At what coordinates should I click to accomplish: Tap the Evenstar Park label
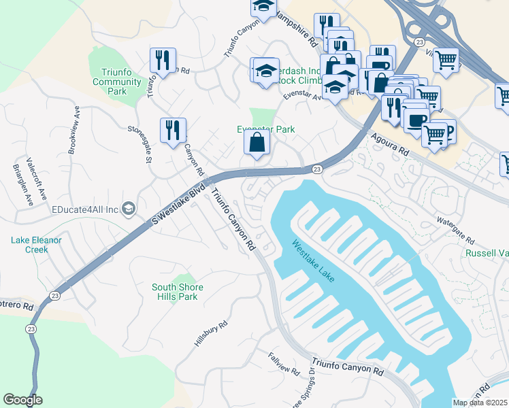pos(265,129)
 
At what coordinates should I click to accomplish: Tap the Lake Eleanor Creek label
pos(36,245)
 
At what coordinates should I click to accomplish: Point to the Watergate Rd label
pos(455,232)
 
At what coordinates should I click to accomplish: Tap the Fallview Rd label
pos(283,364)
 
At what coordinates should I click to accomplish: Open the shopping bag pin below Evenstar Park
pos(257,143)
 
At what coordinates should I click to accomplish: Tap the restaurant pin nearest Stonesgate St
pos(173,129)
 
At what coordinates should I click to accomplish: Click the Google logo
pos(22,400)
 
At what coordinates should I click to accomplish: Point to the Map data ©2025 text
pos(480,403)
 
